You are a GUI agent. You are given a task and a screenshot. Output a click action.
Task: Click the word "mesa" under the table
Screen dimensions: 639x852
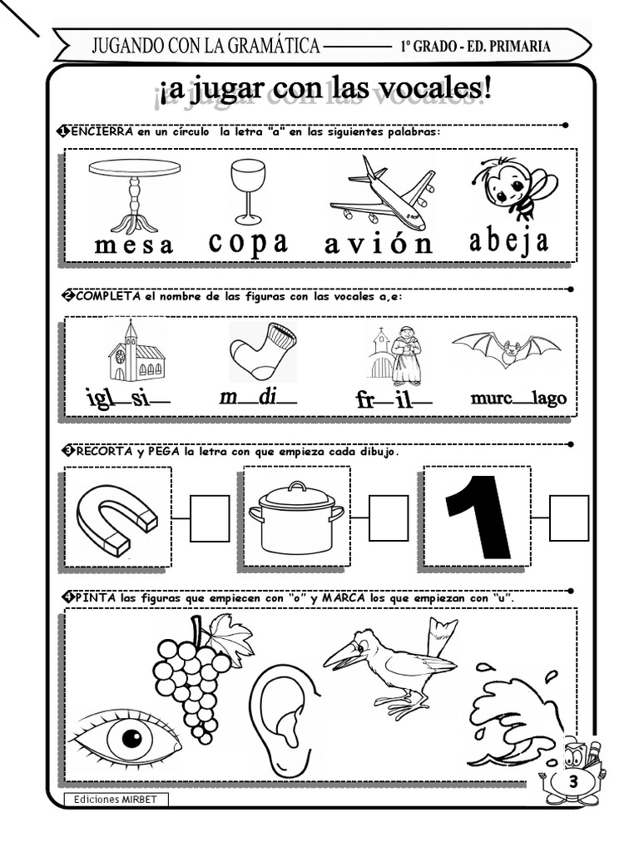tap(134, 245)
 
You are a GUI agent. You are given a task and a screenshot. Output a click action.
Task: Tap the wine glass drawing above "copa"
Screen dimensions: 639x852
tap(248, 191)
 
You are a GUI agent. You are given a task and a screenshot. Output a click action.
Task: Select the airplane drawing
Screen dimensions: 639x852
tap(383, 193)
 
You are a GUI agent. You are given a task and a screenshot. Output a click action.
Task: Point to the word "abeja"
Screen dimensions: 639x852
tap(509, 241)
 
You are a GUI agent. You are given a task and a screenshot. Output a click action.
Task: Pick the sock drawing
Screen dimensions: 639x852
tap(263, 350)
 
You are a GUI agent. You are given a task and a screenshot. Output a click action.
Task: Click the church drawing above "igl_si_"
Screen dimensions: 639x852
tap(136, 350)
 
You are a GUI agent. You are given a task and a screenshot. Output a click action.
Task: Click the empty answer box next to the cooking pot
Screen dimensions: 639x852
tap(389, 518)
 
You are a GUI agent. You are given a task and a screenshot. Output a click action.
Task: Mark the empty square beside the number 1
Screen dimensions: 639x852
tap(569, 518)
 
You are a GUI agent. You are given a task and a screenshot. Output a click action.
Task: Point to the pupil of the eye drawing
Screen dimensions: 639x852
tap(131, 739)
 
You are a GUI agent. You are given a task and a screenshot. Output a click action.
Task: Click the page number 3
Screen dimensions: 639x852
tap(573, 782)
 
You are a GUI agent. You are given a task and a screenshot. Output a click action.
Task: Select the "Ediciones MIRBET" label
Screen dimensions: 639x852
tap(115, 800)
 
